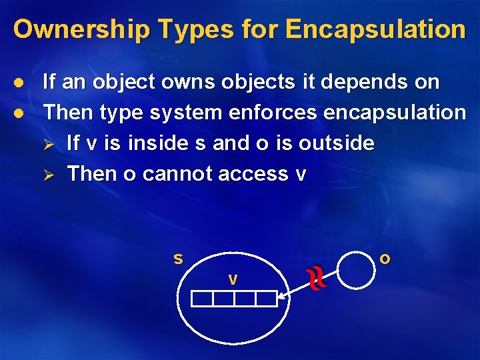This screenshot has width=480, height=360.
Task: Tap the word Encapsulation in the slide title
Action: click(x=375, y=29)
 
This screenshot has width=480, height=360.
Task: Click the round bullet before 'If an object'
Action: click(x=19, y=83)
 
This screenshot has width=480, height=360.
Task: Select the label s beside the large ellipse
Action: click(x=178, y=258)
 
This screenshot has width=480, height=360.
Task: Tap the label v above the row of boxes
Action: click(x=233, y=280)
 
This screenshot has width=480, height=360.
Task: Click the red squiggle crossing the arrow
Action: click(x=317, y=278)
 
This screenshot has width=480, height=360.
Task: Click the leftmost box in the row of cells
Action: click(x=202, y=299)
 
